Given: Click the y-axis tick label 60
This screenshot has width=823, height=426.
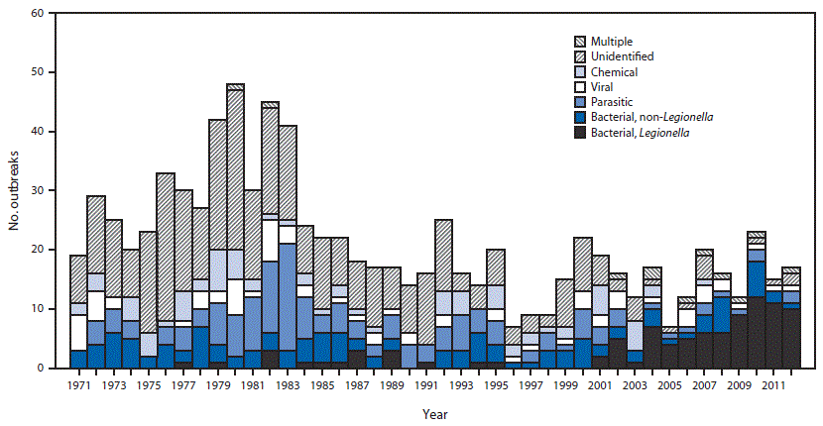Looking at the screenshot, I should (36, 14).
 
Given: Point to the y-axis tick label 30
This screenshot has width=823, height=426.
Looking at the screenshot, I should (36, 190).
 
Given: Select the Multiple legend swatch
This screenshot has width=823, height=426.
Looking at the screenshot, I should (580, 43).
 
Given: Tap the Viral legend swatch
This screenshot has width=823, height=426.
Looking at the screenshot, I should (580, 87).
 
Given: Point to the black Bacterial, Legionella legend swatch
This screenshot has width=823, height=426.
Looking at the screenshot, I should (580, 132).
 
